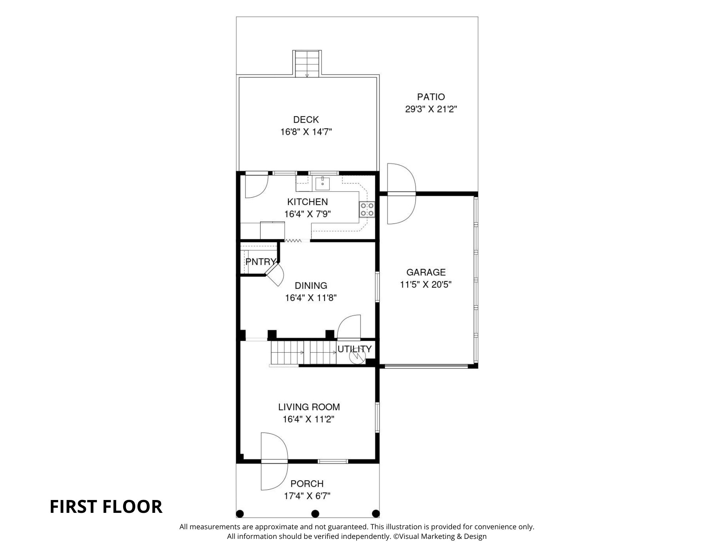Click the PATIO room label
tap(431, 97)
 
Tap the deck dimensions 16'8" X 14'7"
tap(306, 132)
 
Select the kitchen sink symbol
tap(322, 183)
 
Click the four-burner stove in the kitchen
tap(367, 209)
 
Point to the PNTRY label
tap(261, 261)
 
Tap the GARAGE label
tap(426, 272)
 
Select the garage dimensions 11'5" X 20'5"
tap(426, 285)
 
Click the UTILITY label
tap(355, 349)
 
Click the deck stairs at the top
tap(307, 64)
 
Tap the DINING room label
tap(311, 285)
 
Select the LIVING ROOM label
tap(309, 407)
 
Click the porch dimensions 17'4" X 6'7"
tap(307, 496)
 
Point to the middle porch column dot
tap(315, 514)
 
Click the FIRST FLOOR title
tap(106, 506)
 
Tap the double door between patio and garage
tap(402, 194)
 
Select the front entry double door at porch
tap(274, 461)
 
